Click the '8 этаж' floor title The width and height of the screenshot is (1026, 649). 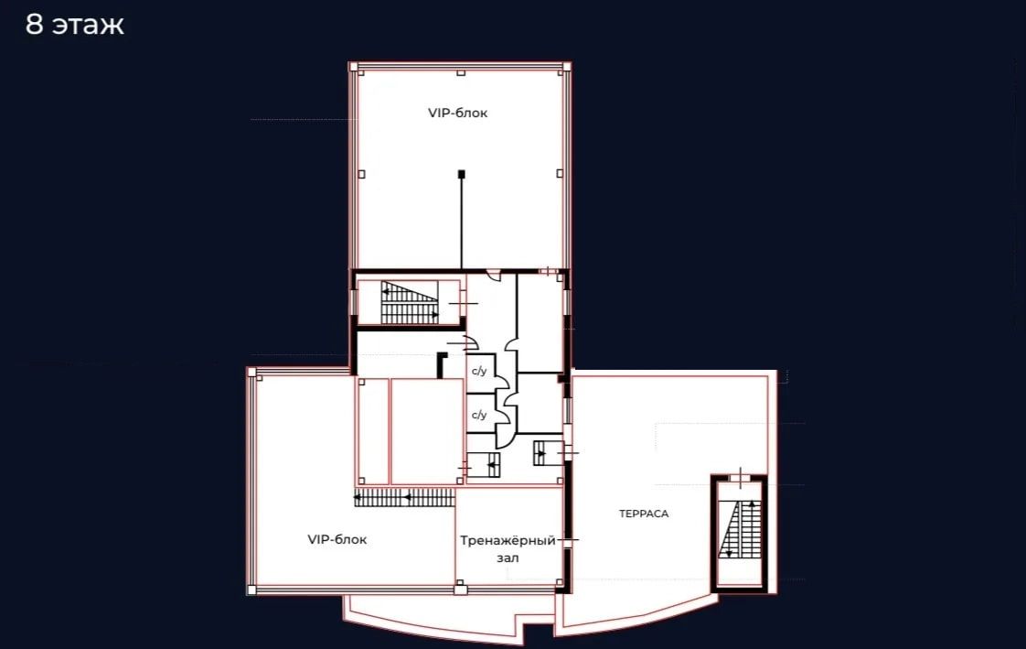coord(75,25)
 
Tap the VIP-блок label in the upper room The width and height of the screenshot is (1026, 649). coord(457,113)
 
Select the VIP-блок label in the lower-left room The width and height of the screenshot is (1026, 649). coord(337,540)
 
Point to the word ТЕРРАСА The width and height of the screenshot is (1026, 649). coord(644,514)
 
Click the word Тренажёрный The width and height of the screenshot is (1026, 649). coord(508,541)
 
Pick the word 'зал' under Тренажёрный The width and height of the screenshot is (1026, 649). coord(508,558)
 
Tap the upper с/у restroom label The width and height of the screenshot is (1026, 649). coord(479,372)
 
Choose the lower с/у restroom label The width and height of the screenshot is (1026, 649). coord(479,416)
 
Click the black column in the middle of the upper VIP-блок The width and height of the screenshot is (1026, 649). coord(461,174)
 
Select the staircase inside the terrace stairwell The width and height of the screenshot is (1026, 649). coord(740,530)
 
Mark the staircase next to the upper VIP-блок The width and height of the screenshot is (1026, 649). coord(410,303)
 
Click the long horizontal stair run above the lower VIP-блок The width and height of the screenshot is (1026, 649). coord(404,498)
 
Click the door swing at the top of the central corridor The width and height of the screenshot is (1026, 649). coord(494,276)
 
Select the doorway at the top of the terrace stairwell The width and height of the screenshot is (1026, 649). coord(740,479)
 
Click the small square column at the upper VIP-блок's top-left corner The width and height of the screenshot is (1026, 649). coord(353,67)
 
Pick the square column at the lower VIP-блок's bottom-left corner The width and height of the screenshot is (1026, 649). coord(251,590)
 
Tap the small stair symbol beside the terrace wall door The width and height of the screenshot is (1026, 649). coord(548,452)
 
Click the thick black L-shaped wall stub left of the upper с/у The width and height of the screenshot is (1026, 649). coord(441,364)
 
